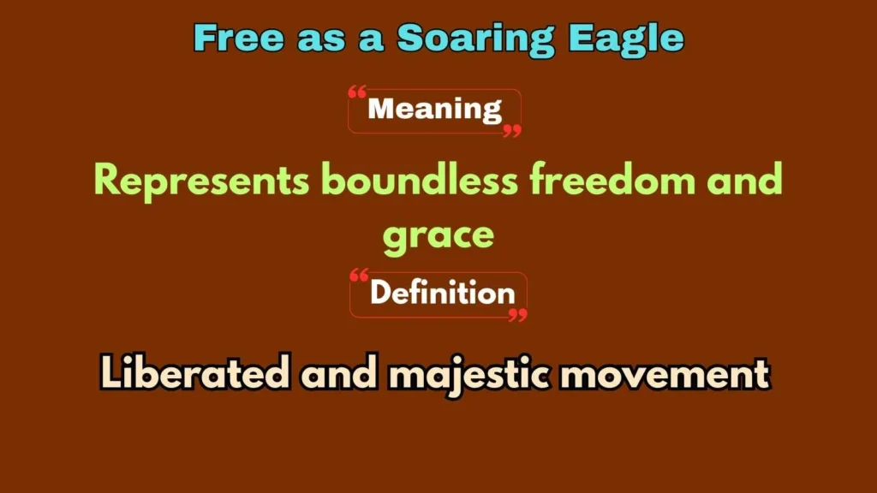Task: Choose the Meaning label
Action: (434, 110)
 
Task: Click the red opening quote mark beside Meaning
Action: (358, 93)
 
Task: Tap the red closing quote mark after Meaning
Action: (511, 130)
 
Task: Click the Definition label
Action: (442, 294)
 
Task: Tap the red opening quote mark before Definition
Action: (360, 277)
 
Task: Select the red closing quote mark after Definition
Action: (517, 315)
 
